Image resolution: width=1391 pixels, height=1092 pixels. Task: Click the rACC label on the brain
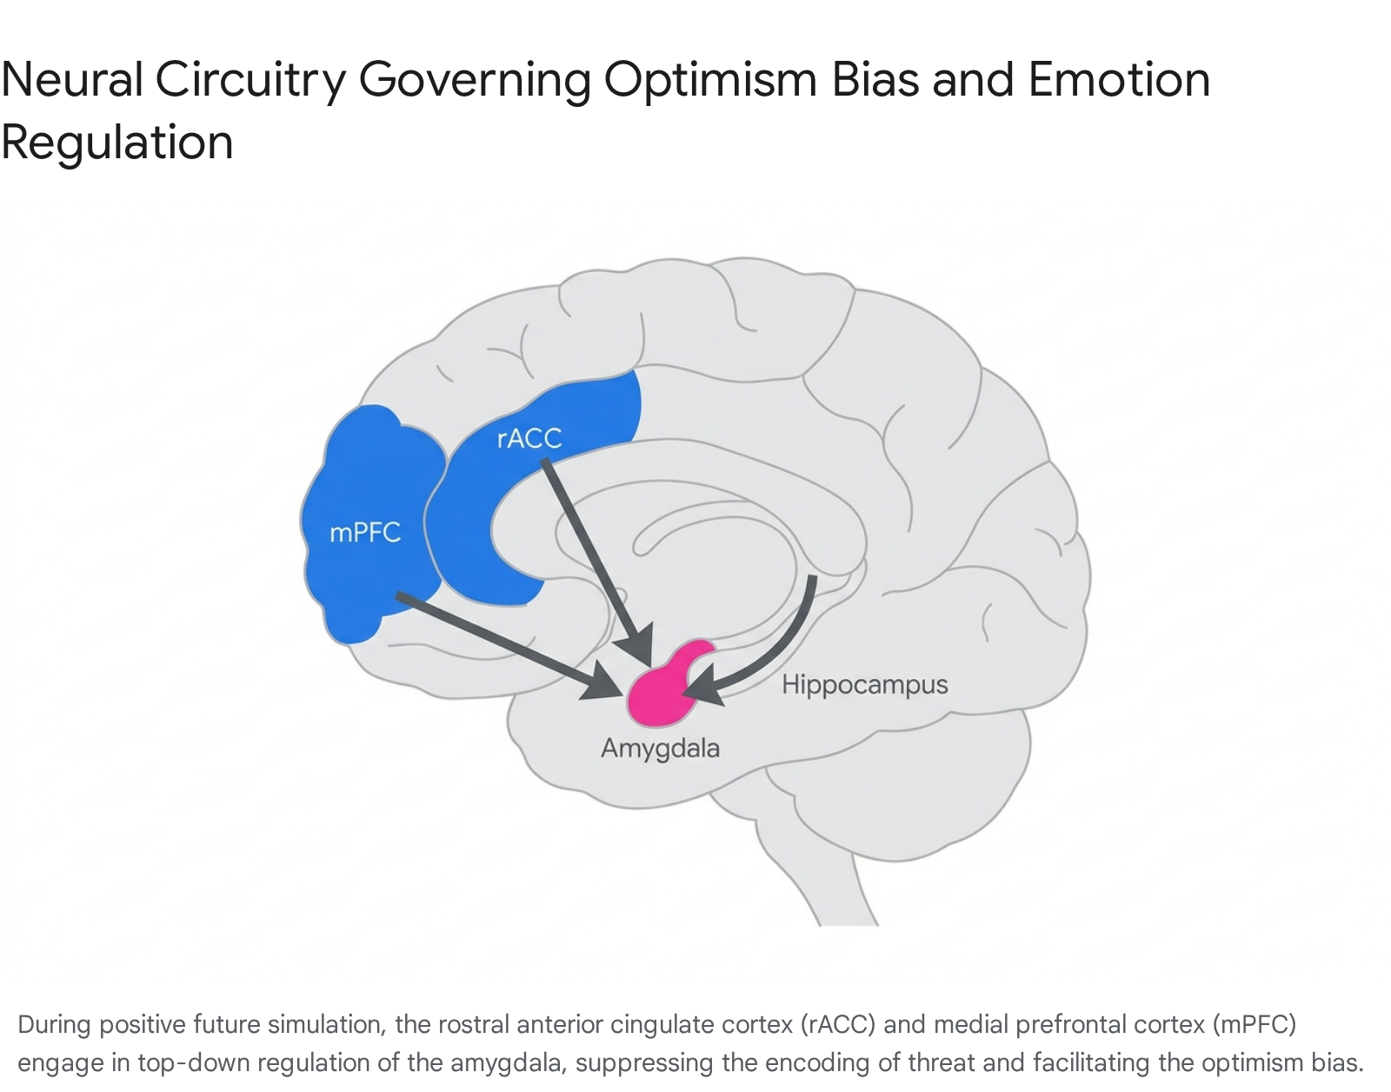(x=529, y=438)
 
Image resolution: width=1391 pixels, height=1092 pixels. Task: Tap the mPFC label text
(x=365, y=533)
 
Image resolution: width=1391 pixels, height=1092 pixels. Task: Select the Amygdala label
(x=660, y=749)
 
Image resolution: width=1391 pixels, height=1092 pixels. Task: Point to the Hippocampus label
(x=864, y=685)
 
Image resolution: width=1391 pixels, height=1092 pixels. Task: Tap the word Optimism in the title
(x=710, y=81)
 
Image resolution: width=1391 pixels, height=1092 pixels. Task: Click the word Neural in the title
(x=71, y=80)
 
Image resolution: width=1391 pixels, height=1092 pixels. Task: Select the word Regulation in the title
(x=117, y=143)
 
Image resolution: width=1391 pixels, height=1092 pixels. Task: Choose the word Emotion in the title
(x=1119, y=80)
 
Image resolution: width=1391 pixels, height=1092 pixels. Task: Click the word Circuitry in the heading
(x=250, y=81)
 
